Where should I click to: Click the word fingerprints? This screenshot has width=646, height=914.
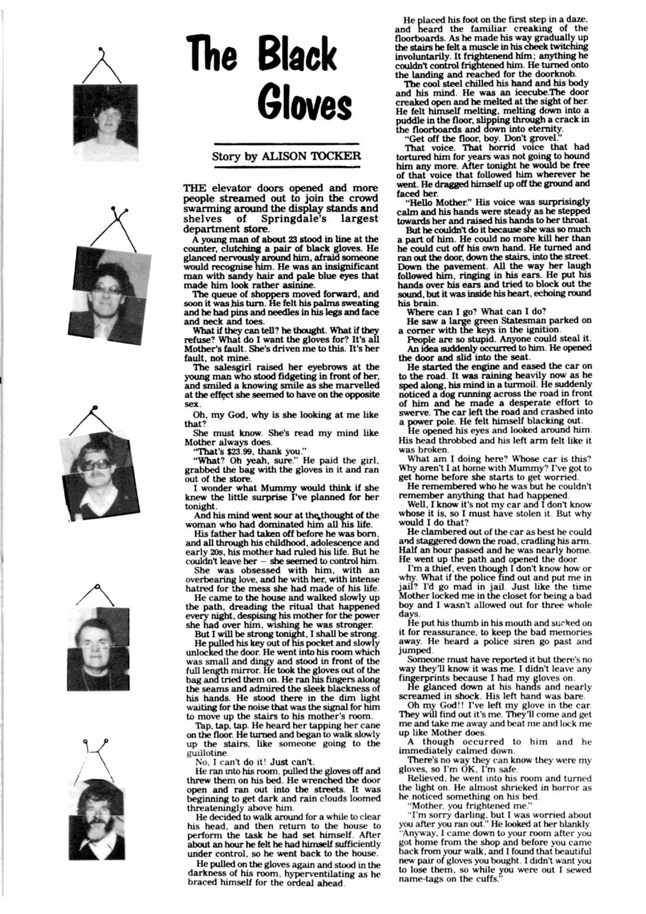pos(425,677)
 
